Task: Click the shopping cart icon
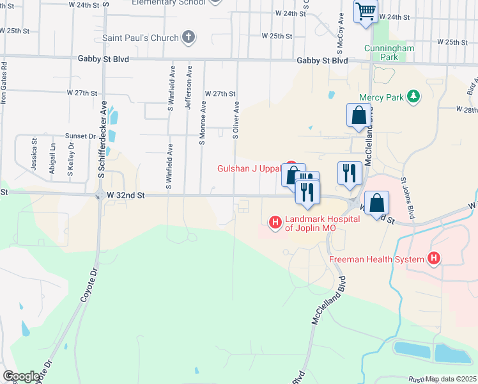coord(366,11)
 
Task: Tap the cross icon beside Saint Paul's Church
coord(188,37)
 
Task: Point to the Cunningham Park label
coord(390,52)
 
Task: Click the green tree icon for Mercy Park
coord(414,96)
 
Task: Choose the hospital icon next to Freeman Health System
coord(434,259)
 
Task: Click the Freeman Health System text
coord(376,259)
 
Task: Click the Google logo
coord(21,376)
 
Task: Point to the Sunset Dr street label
coord(79,136)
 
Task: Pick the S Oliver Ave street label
coord(236,120)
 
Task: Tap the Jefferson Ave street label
coord(189,87)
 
